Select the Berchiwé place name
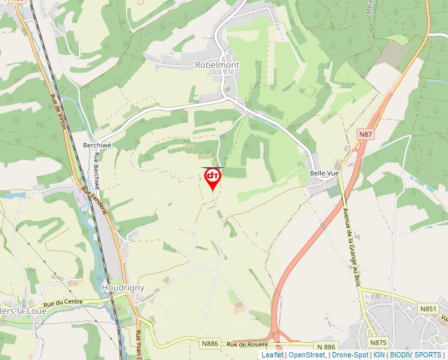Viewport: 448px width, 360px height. coord(94,145)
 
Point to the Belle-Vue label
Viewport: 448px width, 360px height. coord(323,173)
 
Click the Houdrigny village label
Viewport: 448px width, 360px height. coord(123,288)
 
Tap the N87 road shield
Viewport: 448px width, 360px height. coord(366,134)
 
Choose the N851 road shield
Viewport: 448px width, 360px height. coord(428,308)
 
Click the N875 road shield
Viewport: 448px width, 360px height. coord(378,342)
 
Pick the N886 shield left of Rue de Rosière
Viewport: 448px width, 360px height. coord(210,344)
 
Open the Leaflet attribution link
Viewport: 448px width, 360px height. coord(272,355)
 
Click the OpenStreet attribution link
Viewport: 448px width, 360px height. coord(307,355)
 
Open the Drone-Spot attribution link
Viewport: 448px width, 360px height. coord(350,355)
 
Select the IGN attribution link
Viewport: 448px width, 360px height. coord(379,355)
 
